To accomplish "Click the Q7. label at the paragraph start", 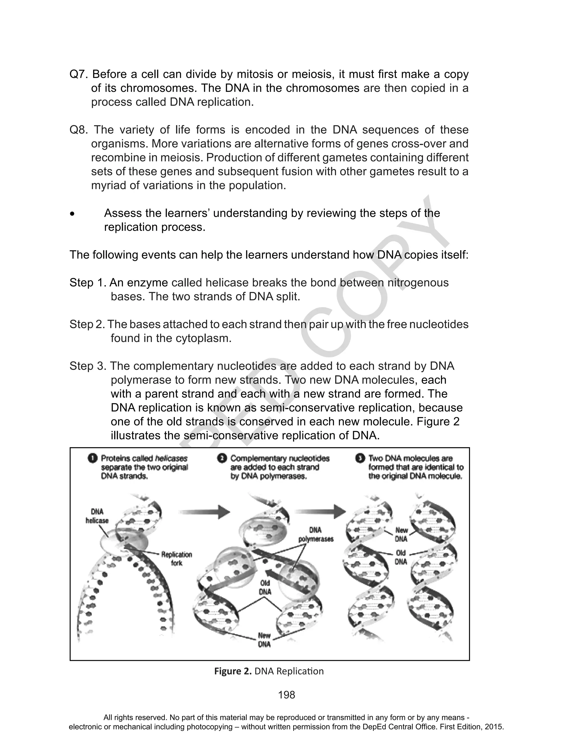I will point(79,74).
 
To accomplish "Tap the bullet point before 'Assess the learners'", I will point(72,214).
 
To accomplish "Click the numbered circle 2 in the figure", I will point(222,459).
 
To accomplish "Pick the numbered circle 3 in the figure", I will point(360,459).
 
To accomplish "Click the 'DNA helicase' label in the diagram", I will point(97,516).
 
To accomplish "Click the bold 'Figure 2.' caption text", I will point(233,671).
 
